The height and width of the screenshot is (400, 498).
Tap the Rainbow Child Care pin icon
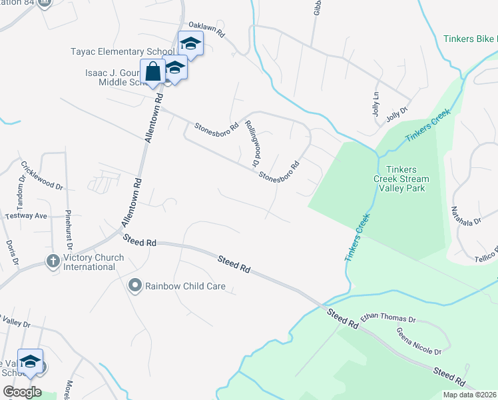point(135,286)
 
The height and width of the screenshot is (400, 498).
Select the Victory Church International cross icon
point(53,261)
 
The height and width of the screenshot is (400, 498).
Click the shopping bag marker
point(152,71)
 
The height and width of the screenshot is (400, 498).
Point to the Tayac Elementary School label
point(123,51)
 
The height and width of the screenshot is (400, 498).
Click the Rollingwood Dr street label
point(251,143)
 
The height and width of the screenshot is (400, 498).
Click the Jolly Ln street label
point(375,103)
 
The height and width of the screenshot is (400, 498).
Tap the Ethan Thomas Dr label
point(387,319)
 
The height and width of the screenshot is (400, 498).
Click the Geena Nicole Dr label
point(419,341)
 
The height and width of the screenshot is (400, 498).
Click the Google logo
point(22,391)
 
